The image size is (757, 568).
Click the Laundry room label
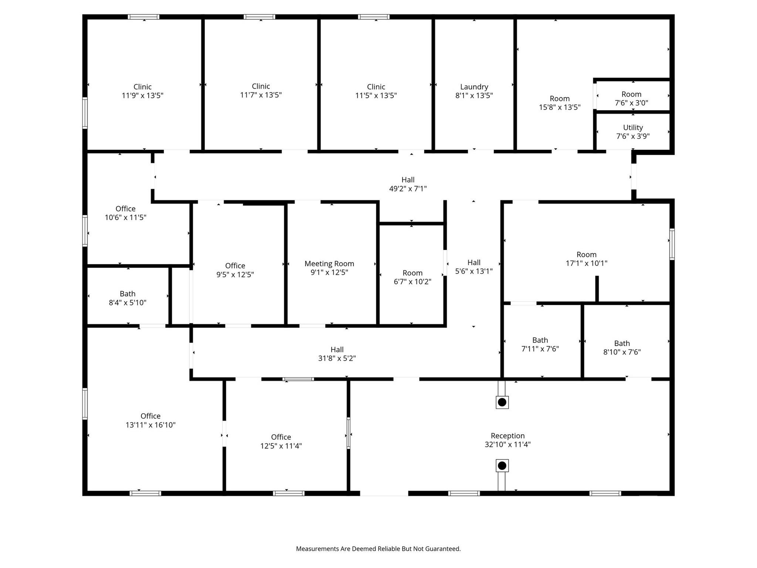[x=474, y=87]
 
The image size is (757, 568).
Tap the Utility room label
[x=633, y=128]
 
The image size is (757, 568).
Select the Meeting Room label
[x=329, y=264]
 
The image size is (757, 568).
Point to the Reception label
[x=508, y=436]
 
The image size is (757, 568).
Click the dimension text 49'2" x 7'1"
[x=408, y=189]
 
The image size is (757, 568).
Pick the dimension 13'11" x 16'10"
[x=150, y=425]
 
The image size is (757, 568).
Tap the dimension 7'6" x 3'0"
[x=631, y=103]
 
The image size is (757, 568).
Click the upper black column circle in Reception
[x=502, y=402]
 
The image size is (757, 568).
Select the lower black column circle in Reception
[x=502, y=466]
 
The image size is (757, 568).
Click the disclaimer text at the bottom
[x=378, y=549]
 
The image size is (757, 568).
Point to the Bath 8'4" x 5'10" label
[x=128, y=298]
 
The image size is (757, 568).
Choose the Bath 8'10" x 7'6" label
[x=622, y=348]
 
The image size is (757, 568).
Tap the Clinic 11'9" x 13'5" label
[x=142, y=91]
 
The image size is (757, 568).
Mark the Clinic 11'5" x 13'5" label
[x=376, y=91]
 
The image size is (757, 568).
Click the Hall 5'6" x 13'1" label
[x=474, y=267]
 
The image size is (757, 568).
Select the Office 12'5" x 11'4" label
[x=281, y=442]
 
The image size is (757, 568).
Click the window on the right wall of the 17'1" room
[x=672, y=244]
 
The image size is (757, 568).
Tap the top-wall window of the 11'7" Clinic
[x=259, y=17]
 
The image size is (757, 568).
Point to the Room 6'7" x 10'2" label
[x=413, y=277]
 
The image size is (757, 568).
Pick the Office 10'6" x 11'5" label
[x=125, y=213]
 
